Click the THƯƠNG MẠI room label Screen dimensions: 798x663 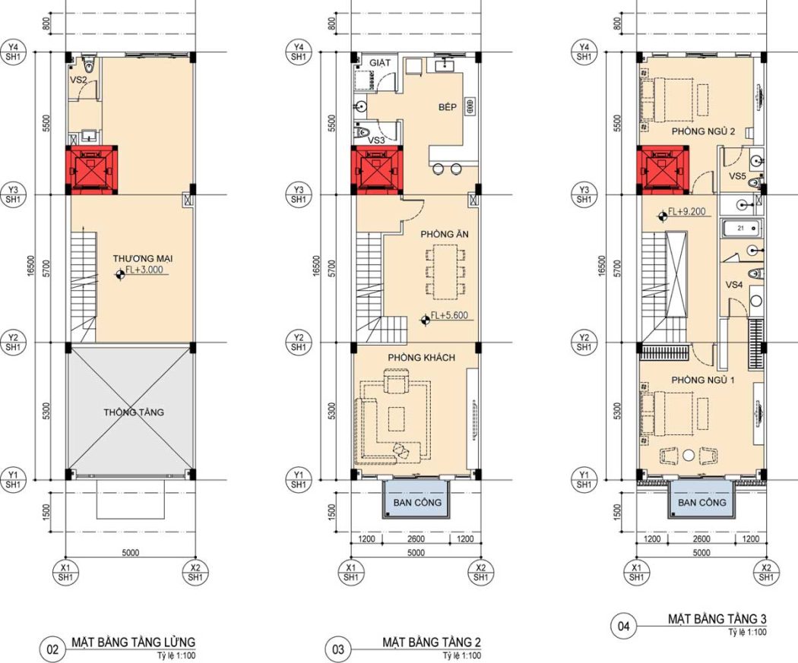click(143, 259)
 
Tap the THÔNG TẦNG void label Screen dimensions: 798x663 click(134, 412)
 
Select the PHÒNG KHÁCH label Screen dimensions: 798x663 click(421, 358)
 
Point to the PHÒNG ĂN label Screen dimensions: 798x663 click(445, 234)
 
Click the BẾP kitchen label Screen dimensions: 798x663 click(448, 107)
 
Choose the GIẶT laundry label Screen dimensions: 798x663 click(380, 62)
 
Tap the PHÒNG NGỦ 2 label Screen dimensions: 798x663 click(703, 131)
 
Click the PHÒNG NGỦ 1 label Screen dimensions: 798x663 click(703, 380)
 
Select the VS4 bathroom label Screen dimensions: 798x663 click(734, 285)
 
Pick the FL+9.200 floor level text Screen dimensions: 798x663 click(686, 211)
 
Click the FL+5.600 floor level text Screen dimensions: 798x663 click(449, 315)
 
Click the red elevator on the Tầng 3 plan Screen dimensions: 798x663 click(663, 170)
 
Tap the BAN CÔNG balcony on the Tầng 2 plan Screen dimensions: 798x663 click(416, 499)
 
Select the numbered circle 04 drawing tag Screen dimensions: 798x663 click(623, 626)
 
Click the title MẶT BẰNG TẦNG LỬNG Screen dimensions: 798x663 click(133, 642)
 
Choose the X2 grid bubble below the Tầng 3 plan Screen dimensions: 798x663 click(766, 573)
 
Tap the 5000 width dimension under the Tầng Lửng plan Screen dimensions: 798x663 click(131, 553)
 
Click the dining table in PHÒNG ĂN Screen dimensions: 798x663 click(445, 270)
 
